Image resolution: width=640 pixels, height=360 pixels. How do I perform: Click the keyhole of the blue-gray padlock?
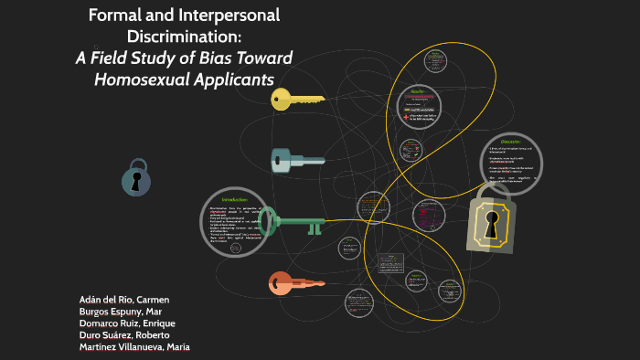point(137,181)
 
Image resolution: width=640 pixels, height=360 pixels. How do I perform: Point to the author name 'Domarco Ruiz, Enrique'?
point(127,323)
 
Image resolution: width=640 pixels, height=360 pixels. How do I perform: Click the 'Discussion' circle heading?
point(509,142)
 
